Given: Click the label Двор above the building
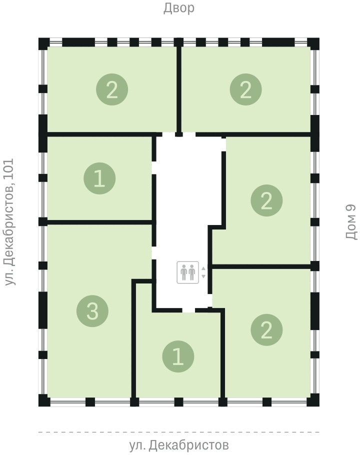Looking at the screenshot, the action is [178, 8].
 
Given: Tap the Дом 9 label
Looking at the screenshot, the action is [351, 222].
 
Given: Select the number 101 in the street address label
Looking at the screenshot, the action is [8, 169].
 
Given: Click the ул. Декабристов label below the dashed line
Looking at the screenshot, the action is [178, 445].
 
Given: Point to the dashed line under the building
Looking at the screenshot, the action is [178, 432].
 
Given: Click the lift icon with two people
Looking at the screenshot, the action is [188, 272].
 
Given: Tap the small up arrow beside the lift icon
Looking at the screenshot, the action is [203, 268].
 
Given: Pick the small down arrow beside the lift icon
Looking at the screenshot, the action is [203, 276].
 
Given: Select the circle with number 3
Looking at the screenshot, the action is [92, 311].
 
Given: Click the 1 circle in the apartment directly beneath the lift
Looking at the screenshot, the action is [178, 356].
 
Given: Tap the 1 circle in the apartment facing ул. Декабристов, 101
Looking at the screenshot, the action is [99, 178].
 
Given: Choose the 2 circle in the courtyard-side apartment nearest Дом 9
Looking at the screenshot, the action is [245, 89].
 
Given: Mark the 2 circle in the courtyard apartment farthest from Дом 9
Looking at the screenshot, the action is [112, 89].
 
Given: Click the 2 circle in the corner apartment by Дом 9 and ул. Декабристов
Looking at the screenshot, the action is [266, 330].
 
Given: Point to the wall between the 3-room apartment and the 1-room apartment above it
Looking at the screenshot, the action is [100, 222].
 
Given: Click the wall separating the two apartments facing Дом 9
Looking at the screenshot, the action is [261, 266].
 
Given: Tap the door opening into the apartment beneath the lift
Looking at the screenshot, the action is [188, 310].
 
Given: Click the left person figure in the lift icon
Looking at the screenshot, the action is [183, 272].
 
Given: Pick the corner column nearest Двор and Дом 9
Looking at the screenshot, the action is [313, 43].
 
